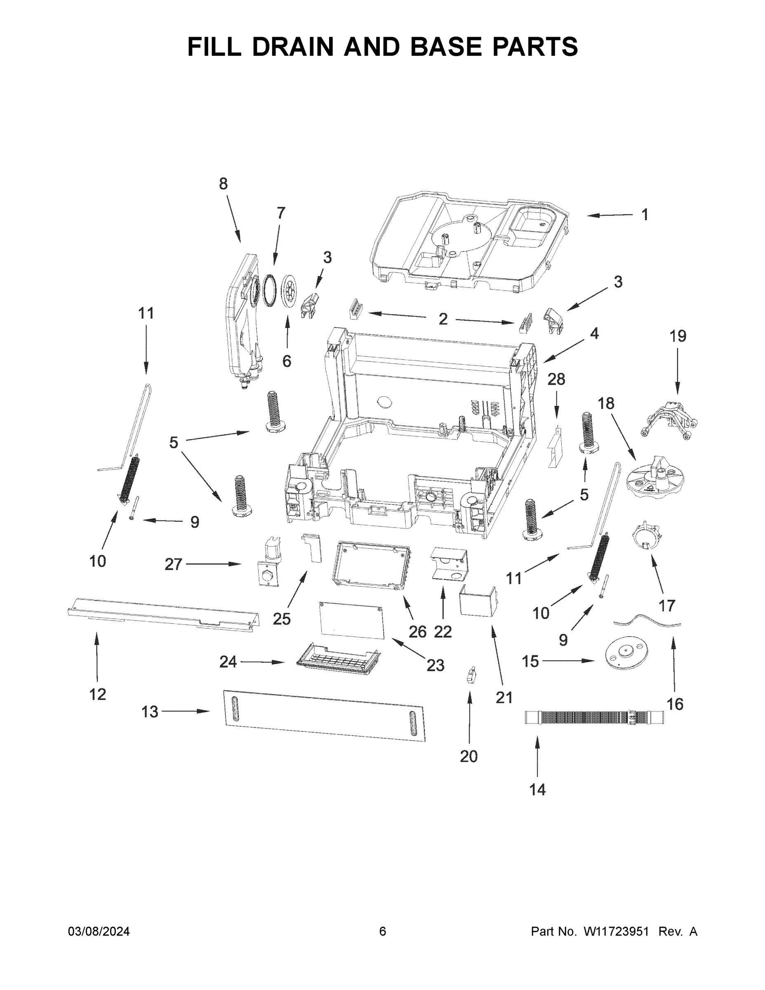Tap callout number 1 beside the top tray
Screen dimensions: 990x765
645,214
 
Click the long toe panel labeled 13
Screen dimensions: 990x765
325,716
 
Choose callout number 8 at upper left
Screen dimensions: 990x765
223,184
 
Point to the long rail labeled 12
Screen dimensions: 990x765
163,614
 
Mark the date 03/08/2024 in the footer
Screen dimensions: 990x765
99,931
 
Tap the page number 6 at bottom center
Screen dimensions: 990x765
383,931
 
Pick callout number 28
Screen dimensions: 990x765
556,379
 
